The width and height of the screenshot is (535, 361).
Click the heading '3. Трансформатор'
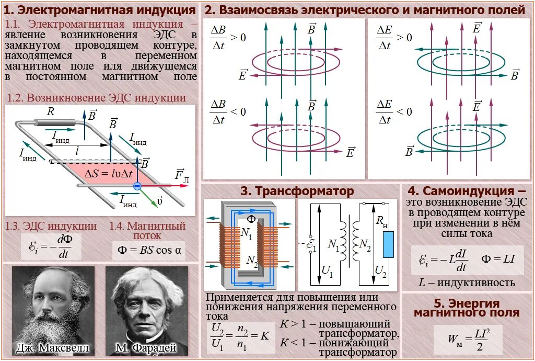[x=297, y=191]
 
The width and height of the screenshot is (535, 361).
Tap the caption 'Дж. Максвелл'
[x=53, y=347]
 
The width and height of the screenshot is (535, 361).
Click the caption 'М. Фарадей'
[x=146, y=347]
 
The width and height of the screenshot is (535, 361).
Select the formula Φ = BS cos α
[x=149, y=250]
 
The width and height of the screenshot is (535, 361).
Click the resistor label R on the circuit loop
[x=51, y=111]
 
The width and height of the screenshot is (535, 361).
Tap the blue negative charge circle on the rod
[x=137, y=186]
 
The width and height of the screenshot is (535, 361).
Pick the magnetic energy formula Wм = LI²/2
[x=468, y=339]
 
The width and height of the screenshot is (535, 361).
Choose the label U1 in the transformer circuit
[x=328, y=272]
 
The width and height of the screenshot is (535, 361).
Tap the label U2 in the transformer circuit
[x=381, y=272]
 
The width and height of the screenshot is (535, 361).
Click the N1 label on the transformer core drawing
[x=247, y=236]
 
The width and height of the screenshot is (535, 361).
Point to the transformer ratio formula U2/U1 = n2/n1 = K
[x=240, y=336]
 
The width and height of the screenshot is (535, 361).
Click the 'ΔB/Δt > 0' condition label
[x=228, y=38]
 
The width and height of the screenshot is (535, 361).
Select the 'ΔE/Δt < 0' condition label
[x=394, y=112]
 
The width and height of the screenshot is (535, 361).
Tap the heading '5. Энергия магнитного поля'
[x=467, y=308]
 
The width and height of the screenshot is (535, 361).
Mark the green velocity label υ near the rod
[x=159, y=201]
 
